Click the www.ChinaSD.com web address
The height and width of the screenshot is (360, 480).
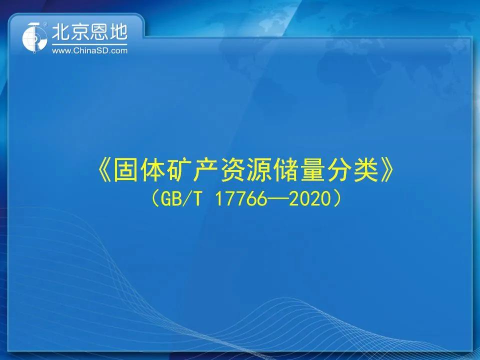(89, 50)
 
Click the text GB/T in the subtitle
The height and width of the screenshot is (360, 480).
(181, 199)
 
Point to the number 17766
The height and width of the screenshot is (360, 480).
(241, 199)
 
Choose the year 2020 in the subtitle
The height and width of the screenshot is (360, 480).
(310, 199)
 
